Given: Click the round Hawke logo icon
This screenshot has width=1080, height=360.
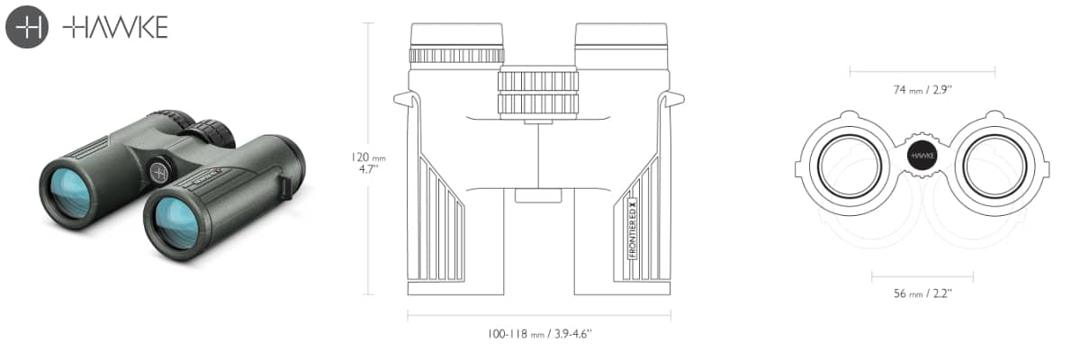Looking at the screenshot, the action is point(27,27).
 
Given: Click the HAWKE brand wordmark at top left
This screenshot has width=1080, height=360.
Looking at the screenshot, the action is point(115,27).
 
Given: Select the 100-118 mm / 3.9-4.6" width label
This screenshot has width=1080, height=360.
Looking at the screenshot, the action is point(539,334).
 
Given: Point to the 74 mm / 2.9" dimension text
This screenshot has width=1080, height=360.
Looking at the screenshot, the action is point(922,90).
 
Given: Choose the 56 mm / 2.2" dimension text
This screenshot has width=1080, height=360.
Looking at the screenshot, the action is point(922,293).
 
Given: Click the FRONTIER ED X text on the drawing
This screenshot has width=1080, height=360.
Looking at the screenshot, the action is point(633,229).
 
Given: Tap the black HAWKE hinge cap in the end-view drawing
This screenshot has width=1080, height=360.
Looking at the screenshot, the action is point(922,156).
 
